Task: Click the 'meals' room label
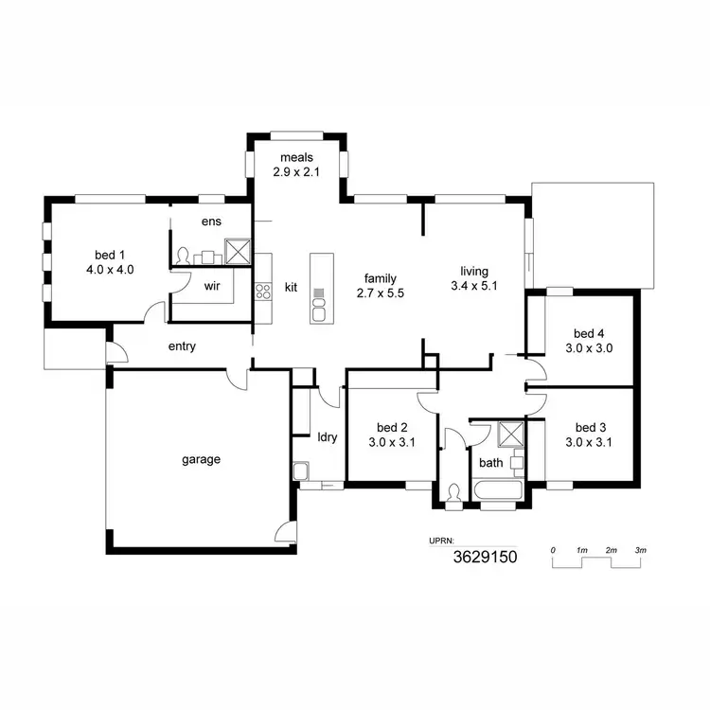point(296,157)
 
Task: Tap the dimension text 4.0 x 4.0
point(110,269)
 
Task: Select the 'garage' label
point(201,460)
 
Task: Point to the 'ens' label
point(210,222)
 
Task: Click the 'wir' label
point(212,284)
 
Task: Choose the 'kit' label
point(292,286)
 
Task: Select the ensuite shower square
point(237,250)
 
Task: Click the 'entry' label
point(182,346)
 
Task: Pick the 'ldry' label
point(328,437)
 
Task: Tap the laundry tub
point(301,470)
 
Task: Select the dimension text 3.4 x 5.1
point(473,284)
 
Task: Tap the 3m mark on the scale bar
point(640,550)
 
